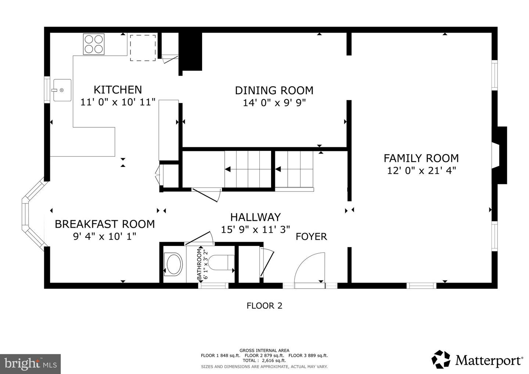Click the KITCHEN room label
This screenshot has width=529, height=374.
click(x=118, y=90)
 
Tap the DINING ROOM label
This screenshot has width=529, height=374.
click(x=274, y=90)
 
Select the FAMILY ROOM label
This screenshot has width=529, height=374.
click(x=421, y=158)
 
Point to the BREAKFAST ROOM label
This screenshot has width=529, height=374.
click(x=105, y=224)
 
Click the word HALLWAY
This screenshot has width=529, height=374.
click(x=255, y=217)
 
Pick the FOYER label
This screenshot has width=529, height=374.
click(x=311, y=236)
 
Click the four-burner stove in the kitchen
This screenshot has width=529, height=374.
click(x=94, y=44)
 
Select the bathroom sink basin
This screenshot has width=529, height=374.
click(x=173, y=264)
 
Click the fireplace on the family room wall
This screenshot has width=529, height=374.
click(x=500, y=155)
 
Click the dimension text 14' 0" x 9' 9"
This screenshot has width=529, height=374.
click(x=274, y=103)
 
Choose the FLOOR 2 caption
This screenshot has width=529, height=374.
click(x=264, y=305)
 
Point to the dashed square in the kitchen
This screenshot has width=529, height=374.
click(x=142, y=48)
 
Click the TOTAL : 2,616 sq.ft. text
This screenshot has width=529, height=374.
click(x=264, y=360)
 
